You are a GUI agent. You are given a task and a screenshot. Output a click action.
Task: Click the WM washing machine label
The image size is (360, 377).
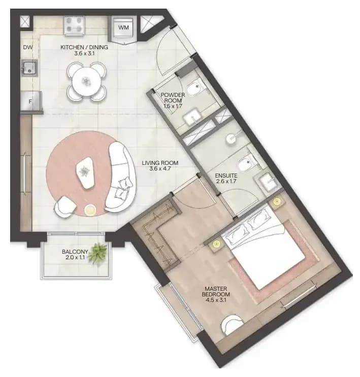point(123,27)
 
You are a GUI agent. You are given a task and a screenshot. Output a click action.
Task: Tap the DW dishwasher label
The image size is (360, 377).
point(28,47)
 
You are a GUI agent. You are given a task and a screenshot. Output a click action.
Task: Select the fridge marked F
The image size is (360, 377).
point(31,101)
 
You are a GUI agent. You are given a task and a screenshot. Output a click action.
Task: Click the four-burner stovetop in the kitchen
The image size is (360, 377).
point(74,26)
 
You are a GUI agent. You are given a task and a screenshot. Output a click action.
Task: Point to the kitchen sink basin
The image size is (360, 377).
point(29,68)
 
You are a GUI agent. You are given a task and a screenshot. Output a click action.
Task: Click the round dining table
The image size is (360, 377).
point(86,81)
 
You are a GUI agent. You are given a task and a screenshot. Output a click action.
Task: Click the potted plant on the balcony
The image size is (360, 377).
point(97,254)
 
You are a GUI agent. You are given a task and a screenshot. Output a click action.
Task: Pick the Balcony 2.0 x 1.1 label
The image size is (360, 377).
point(75,255)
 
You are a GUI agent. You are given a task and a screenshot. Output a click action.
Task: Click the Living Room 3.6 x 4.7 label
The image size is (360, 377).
point(160,165)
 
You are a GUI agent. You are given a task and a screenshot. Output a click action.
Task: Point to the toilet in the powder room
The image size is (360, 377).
point(194,88)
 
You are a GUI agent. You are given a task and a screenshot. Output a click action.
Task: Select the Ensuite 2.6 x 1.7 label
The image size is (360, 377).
point(226,179)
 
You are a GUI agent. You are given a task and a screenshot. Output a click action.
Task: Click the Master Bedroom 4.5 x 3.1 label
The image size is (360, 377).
point(216,294)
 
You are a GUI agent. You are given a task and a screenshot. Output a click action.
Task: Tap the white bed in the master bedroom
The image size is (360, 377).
point(264,251)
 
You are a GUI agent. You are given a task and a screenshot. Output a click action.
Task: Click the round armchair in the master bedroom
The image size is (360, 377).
point(232,324)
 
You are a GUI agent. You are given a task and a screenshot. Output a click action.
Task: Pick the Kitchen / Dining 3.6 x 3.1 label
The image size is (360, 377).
point(84,50)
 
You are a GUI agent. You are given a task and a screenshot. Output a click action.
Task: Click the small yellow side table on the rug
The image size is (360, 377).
point(90,210)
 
